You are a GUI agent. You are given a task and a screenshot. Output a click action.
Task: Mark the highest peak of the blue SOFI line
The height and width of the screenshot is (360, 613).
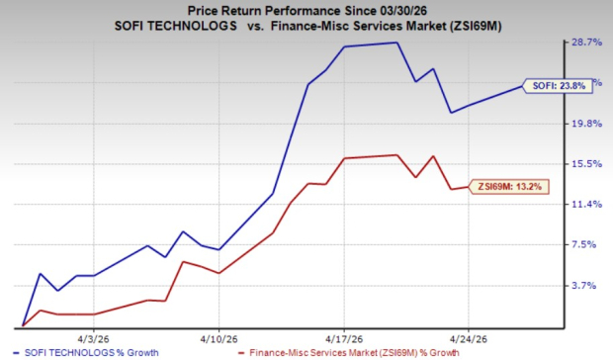coord(396,43)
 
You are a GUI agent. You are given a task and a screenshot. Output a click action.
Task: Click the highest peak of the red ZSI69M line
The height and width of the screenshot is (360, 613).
coord(396,155)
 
